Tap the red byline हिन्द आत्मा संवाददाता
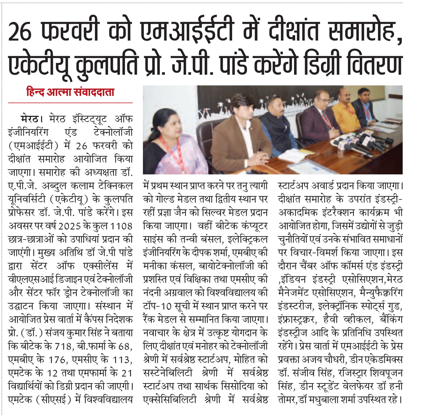tap(70, 92)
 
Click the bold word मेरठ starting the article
tap(30, 119)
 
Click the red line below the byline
tap(70, 103)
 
